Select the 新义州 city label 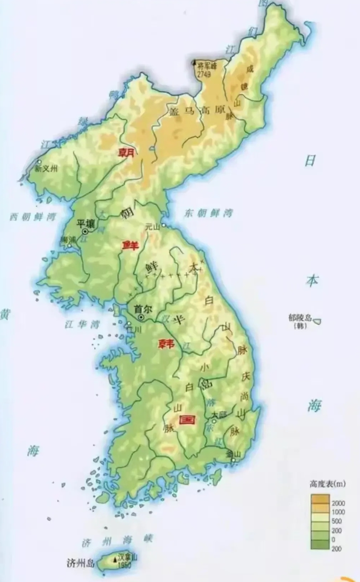(x=46, y=169)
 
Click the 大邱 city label (x=218, y=415)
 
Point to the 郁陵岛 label (x=301, y=318)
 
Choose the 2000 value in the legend (x=338, y=503)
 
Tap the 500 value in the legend (x=336, y=521)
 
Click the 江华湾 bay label (x=82, y=324)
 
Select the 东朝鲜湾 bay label (x=208, y=214)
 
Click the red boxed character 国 (x=188, y=420)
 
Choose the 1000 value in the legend (x=338, y=512)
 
